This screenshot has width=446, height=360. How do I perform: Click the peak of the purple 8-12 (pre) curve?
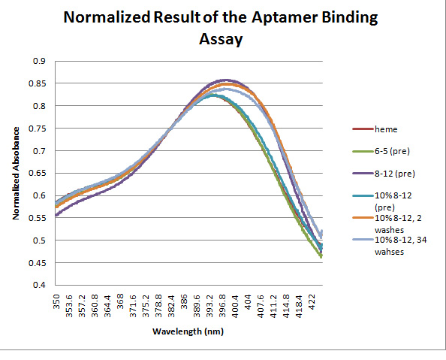225,80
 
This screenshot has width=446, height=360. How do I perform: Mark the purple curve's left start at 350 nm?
56,216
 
